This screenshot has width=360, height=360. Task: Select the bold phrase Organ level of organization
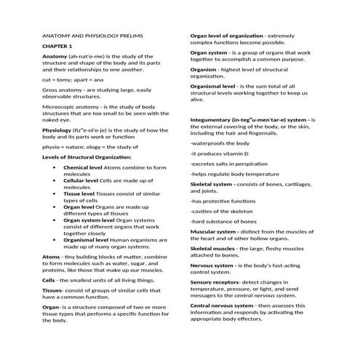tap(226, 35)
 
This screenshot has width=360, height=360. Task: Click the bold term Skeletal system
tap(211, 185)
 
